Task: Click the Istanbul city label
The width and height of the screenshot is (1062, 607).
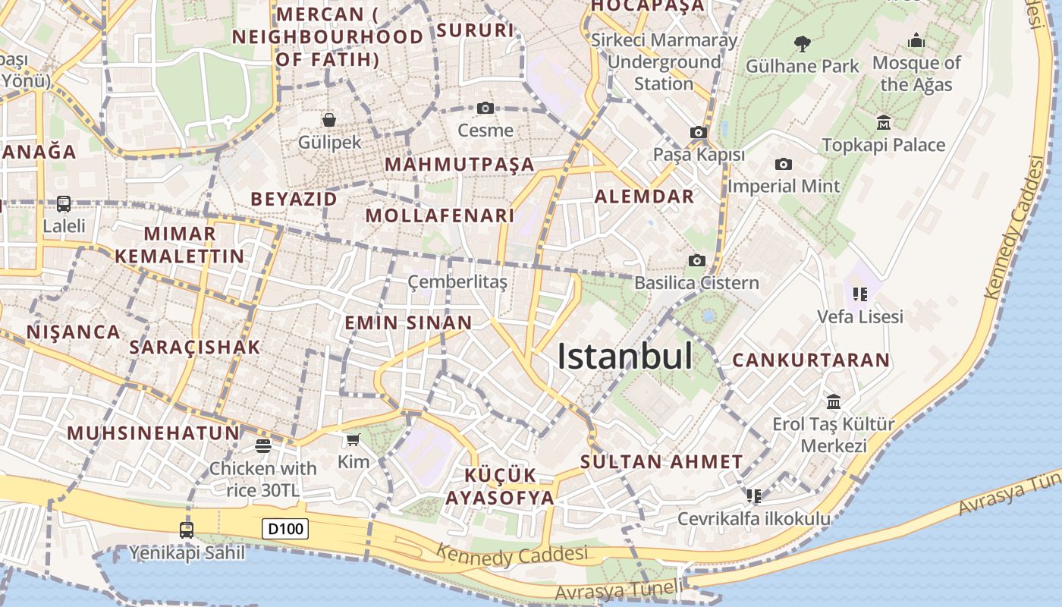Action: tap(624, 357)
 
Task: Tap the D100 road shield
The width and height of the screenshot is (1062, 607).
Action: tap(285, 529)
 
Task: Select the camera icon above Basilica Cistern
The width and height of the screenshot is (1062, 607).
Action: tap(696, 261)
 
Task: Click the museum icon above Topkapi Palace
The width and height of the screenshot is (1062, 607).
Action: tap(884, 122)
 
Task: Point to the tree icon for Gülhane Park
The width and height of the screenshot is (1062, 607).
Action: tap(802, 43)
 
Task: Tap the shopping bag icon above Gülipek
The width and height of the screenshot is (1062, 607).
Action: tap(329, 120)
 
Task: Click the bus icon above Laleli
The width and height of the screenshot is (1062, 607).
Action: tap(64, 204)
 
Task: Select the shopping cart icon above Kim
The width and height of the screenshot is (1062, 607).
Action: tap(353, 440)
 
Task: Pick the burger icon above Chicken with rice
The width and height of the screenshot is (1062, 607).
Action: tap(263, 446)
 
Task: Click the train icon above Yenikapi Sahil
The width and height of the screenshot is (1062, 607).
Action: tap(187, 530)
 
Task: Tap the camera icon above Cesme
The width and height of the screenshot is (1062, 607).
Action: tap(485, 109)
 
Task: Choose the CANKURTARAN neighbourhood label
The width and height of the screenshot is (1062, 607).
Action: tap(810, 360)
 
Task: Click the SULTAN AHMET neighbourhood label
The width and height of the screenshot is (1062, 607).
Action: tap(661, 461)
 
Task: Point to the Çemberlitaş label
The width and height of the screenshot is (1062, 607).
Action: tap(457, 282)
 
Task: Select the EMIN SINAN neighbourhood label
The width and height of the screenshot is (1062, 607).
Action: tap(408, 322)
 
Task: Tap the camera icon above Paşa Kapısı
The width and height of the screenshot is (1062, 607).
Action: tap(699, 133)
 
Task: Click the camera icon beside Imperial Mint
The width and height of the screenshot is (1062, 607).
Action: tap(784, 164)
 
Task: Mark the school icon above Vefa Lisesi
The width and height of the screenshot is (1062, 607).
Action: tap(859, 294)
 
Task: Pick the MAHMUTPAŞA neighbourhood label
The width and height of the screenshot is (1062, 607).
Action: tap(459, 165)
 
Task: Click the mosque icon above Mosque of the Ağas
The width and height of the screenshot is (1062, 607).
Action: tap(916, 40)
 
